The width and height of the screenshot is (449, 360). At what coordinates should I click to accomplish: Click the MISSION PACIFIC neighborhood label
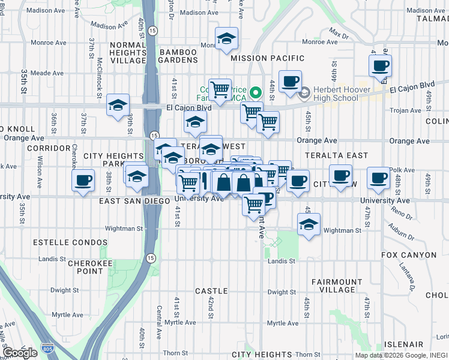pos(267,58)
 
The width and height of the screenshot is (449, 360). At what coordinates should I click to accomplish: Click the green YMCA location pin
pos(255,92)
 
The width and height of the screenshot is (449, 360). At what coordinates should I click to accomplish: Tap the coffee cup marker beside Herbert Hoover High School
pos(290,82)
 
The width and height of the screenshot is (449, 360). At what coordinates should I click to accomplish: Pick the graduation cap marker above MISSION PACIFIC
pos(226,39)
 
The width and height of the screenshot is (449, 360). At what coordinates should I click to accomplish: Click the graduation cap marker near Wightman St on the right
pos(309,225)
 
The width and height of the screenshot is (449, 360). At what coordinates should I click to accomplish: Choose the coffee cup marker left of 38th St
pos(83,179)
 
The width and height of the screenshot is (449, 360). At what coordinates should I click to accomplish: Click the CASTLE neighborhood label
pos(211,290)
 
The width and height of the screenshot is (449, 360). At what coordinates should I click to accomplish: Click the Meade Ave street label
pos(47,73)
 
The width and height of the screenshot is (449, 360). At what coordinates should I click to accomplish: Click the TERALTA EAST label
pos(336,155)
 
